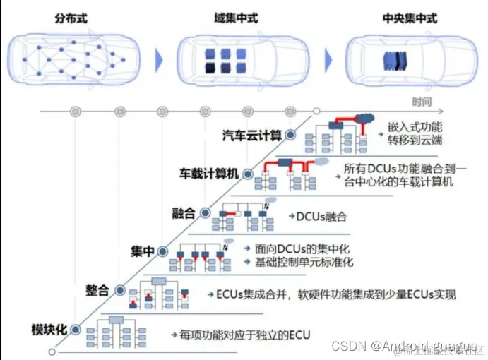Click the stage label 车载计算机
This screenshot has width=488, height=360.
pyautogui.click(x=210, y=173)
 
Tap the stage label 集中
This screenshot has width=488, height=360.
pyautogui.click(x=143, y=251)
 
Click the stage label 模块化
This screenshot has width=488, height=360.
pyautogui.click(x=49, y=330)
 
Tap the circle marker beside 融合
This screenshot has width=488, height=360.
pyautogui.click(x=205, y=212)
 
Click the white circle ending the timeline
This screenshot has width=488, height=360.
pyautogui.click(x=316, y=111)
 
